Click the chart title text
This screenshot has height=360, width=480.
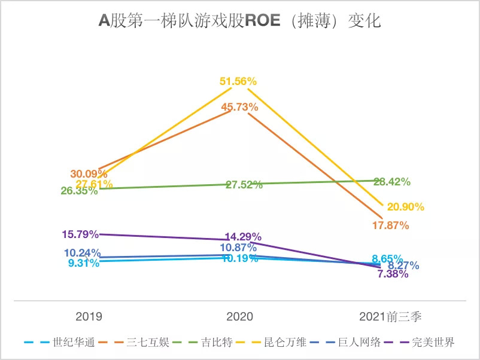click(239, 22)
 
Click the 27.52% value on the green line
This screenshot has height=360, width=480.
click(244, 185)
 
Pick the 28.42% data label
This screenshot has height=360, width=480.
click(392, 182)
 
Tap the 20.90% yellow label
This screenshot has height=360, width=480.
click(405, 207)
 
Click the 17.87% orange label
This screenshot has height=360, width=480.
click(390, 225)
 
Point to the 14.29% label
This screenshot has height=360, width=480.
click(243, 236)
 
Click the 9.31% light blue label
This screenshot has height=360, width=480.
click(83, 263)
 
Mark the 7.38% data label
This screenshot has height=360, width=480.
click(393, 274)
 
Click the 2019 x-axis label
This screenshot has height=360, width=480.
click(89, 316)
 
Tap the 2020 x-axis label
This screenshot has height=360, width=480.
click(240, 316)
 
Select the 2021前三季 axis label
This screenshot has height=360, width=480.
click(391, 316)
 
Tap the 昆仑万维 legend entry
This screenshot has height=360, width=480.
click(285, 343)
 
